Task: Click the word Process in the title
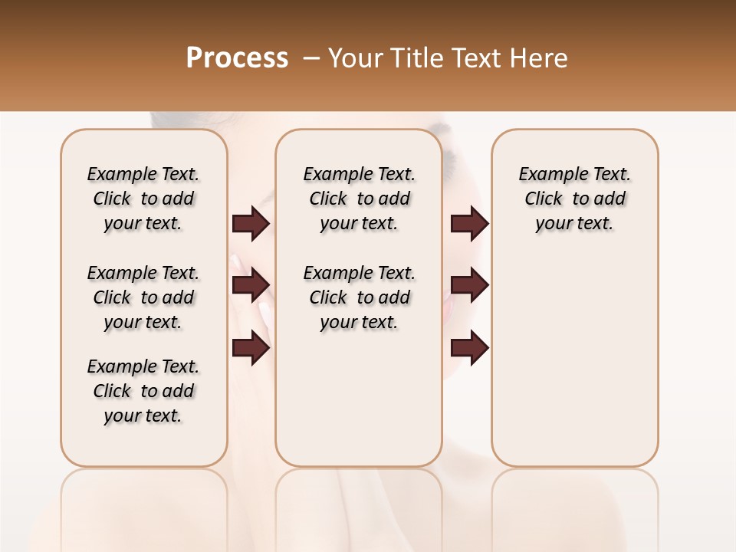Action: (x=237, y=58)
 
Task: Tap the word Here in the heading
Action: (x=540, y=58)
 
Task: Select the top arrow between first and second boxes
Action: (x=251, y=224)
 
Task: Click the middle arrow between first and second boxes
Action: (x=251, y=285)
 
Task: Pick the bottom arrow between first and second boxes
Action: (x=251, y=348)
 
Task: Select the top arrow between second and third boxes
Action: (x=469, y=224)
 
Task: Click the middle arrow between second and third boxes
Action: (x=469, y=285)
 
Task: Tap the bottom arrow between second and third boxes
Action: (x=469, y=348)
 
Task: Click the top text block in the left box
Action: (x=143, y=199)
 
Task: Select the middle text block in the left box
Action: (x=143, y=297)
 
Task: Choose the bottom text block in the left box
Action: (x=143, y=391)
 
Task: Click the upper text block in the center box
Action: (x=359, y=199)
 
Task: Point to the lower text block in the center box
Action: (x=359, y=297)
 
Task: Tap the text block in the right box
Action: (x=574, y=199)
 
